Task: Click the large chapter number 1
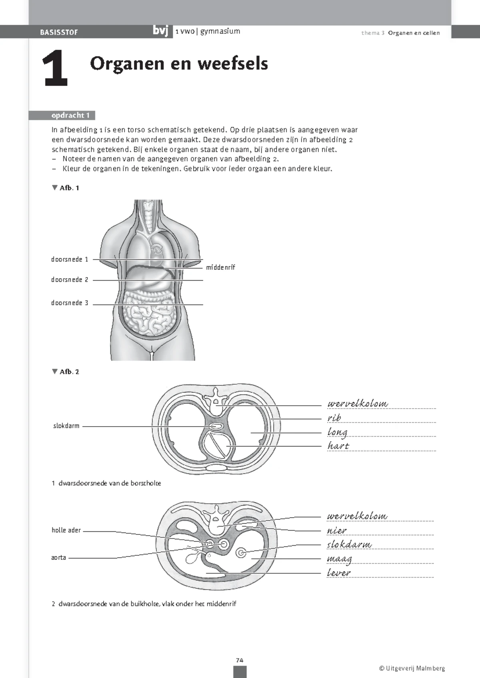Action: [55, 69]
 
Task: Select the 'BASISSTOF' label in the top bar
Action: [59, 32]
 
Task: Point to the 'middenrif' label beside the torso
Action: [220, 267]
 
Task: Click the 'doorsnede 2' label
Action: [70, 280]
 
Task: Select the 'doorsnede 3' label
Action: [70, 303]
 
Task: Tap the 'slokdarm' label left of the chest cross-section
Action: [66, 426]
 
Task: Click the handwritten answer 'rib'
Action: [334, 418]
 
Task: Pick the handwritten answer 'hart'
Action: [338, 446]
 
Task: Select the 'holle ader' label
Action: [66, 530]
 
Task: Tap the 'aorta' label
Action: [58, 557]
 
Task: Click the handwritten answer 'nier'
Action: [337, 531]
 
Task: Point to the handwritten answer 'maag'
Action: [339, 559]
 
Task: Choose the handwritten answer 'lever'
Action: [338, 573]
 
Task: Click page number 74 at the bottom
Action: [240, 660]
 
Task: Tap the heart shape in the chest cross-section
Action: [217, 446]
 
